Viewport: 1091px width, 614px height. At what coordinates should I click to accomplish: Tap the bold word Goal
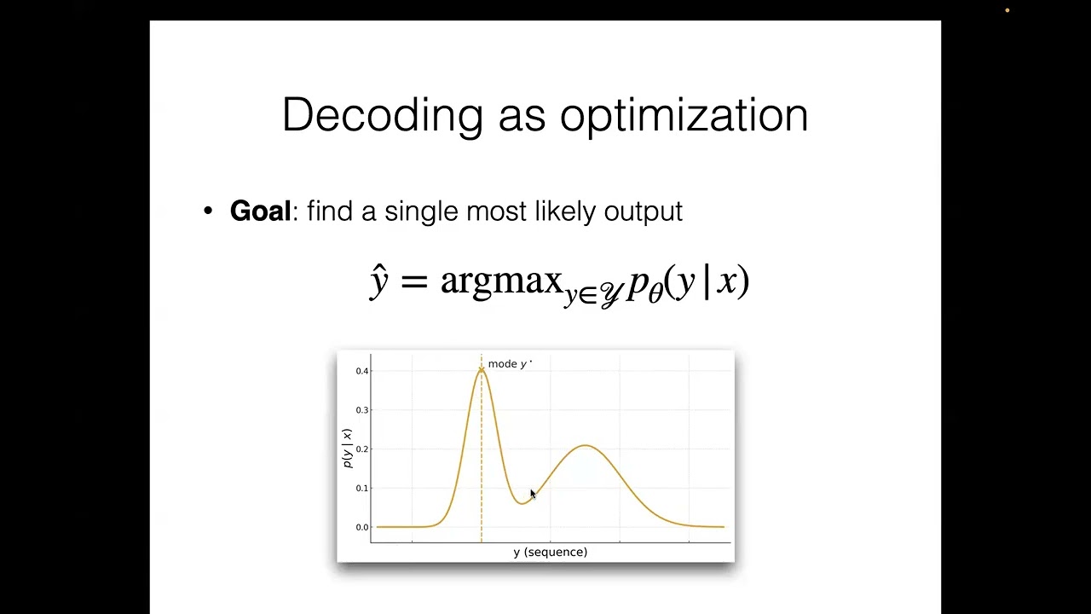coord(260,211)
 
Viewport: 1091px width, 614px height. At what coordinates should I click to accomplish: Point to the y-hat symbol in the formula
coord(379,281)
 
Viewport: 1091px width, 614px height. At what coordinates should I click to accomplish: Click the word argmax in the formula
coord(501,281)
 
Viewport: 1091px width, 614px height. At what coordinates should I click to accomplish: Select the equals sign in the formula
coord(413,281)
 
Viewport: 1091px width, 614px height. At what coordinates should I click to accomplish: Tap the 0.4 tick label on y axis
coord(362,371)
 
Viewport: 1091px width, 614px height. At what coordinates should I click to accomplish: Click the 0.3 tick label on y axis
coord(362,410)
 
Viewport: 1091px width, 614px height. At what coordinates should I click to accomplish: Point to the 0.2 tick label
coord(362,449)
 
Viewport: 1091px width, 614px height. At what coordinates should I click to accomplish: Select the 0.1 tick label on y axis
coord(362,489)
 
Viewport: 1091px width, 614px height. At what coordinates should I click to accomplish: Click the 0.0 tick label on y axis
coord(362,528)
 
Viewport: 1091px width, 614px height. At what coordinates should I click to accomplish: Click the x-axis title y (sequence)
coord(550,553)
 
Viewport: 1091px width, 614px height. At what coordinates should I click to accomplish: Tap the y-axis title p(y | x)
coord(347,449)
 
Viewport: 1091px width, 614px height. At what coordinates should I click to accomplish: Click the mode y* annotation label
coord(509,364)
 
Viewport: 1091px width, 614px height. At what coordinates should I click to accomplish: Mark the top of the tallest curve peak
coord(482,368)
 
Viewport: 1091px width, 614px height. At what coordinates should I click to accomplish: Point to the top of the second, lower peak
coord(586,446)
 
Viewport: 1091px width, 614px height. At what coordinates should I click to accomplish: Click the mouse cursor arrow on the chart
coord(533,495)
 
